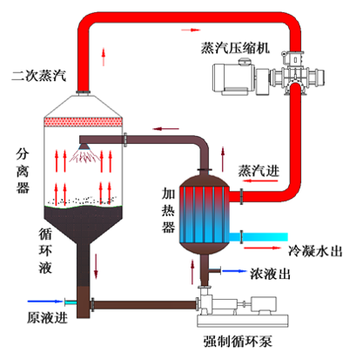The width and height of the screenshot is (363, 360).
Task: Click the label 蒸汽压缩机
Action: click(x=235, y=48)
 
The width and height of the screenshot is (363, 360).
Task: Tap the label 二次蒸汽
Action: click(x=39, y=76)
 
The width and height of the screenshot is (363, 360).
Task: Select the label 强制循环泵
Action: click(x=238, y=341)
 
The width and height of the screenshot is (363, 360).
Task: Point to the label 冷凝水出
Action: click(x=315, y=251)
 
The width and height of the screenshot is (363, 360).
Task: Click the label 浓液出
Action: click(x=270, y=274)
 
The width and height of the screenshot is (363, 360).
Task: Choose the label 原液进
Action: click(x=47, y=317)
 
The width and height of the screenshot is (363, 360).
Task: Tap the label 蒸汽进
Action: click(x=259, y=171)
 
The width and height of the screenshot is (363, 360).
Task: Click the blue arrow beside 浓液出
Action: click(x=235, y=271)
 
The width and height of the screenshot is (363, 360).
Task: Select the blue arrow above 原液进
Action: click(x=45, y=302)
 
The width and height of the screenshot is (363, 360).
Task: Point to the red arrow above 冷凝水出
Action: click(x=263, y=248)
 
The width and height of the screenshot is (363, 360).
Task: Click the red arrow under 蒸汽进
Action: click(x=260, y=180)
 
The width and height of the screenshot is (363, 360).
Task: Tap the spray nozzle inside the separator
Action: click(x=84, y=146)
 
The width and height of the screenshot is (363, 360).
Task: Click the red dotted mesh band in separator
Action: click(x=83, y=122)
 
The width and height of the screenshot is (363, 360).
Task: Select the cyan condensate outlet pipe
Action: click(x=259, y=237)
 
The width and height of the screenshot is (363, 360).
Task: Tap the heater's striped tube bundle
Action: click(x=205, y=214)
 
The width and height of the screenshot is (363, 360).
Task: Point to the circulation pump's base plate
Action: click(x=243, y=321)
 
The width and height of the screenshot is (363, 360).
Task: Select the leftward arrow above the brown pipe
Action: click(x=165, y=129)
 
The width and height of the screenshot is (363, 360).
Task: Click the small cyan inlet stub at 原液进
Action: click(x=71, y=302)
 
